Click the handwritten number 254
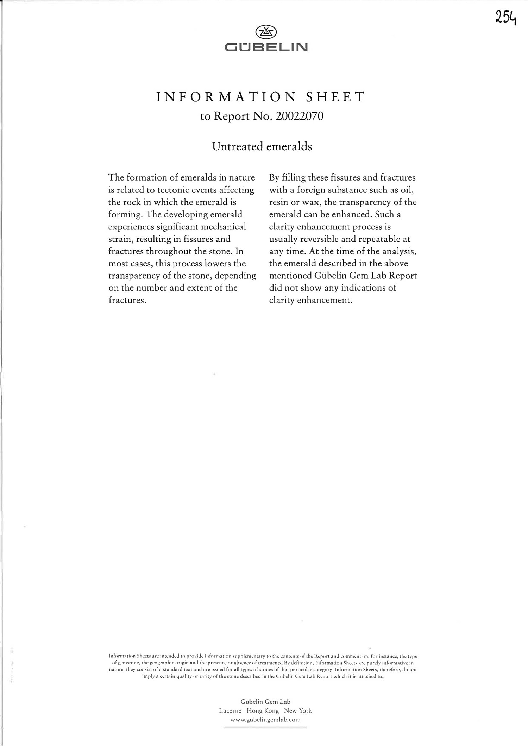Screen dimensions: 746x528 (x=505, y=17)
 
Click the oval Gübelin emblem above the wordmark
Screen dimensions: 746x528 (x=265, y=32)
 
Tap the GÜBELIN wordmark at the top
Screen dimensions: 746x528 (x=266, y=47)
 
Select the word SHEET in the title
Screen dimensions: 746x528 (x=335, y=97)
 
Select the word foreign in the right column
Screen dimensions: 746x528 (x=311, y=190)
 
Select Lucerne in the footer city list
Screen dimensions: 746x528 (x=230, y=710)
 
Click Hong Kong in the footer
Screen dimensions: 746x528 (x=263, y=710)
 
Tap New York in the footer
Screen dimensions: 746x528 (x=298, y=710)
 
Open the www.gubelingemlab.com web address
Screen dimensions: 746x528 (x=265, y=720)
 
